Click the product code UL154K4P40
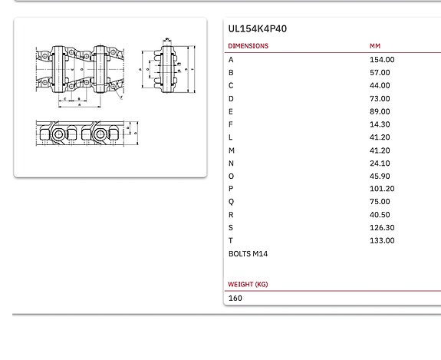(x=258, y=29)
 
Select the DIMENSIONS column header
(x=248, y=46)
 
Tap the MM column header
(x=375, y=46)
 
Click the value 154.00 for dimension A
(x=382, y=60)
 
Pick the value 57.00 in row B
(x=380, y=73)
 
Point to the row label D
(x=231, y=99)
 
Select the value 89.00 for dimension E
(x=380, y=111)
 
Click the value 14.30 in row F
(x=380, y=124)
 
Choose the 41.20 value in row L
(x=380, y=137)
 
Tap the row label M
(x=232, y=150)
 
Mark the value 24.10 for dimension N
(x=380, y=163)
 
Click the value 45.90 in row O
(x=380, y=177)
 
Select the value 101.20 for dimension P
(x=382, y=189)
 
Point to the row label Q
(x=232, y=202)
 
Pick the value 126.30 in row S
(x=382, y=228)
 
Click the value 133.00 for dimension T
(x=382, y=241)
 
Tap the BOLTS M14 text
(x=248, y=254)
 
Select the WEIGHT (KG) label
(x=248, y=285)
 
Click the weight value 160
(x=235, y=298)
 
